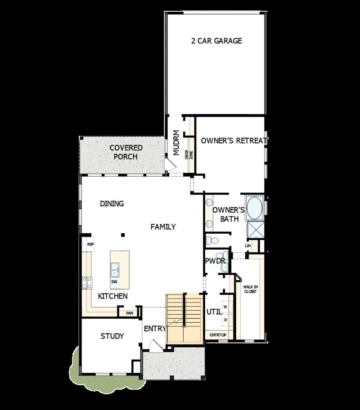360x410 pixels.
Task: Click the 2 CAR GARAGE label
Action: coord(216,41)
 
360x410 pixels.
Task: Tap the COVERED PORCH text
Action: coord(126,152)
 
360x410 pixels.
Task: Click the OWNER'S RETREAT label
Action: coord(234,141)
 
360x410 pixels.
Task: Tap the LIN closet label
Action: coord(247,246)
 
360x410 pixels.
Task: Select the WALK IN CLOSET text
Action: coord(250,289)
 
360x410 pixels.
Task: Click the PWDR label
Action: coord(215,261)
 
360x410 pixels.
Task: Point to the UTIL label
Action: coord(213,312)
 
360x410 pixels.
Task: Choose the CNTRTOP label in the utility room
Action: coord(218,335)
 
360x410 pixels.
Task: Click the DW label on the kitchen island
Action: coord(115,282)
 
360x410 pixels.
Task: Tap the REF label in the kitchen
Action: coord(90,244)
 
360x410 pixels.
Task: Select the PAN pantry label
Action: coord(130,313)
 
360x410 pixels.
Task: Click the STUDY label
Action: coord(112,336)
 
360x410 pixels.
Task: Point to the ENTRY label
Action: coord(155,329)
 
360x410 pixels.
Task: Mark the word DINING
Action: coord(112,204)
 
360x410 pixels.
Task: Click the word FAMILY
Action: coord(163,227)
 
